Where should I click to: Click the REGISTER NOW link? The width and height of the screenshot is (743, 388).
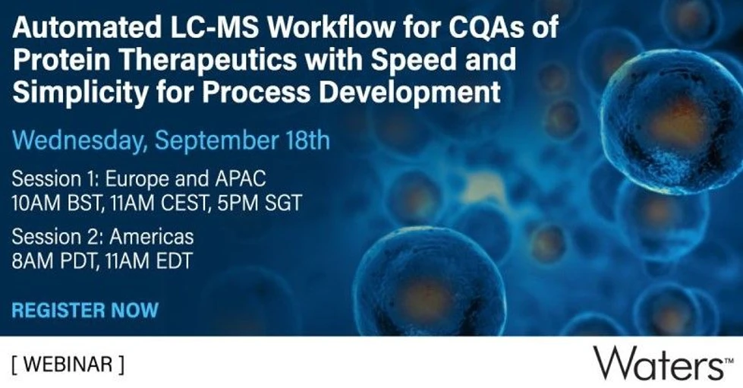coord(85,310)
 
